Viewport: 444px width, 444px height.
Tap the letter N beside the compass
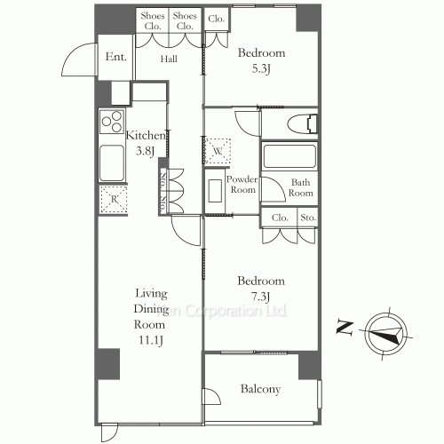[342, 328]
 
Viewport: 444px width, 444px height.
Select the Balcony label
[260, 389]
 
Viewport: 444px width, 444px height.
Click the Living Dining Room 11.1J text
[151, 316]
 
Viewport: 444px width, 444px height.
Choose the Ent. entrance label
[115, 58]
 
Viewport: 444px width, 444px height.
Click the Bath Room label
[301, 188]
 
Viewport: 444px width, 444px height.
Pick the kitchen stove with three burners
[112, 122]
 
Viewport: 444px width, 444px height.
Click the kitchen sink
[111, 163]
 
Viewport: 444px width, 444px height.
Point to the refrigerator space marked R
[112, 200]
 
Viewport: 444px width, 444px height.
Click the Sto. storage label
[308, 217]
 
